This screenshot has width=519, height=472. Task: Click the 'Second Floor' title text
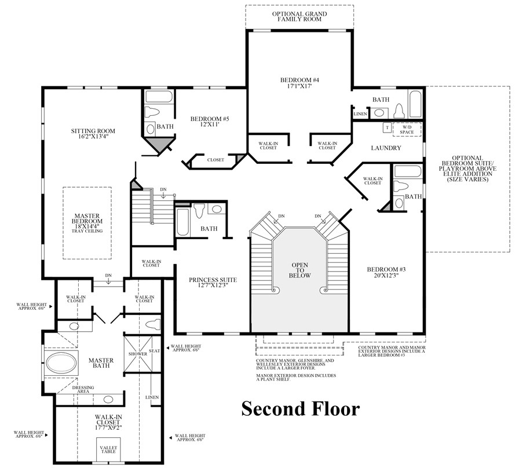(x=300, y=409)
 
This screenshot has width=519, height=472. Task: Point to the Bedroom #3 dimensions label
(x=385, y=276)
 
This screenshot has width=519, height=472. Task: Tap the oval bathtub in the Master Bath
(x=61, y=364)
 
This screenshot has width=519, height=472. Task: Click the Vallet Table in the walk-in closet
(x=109, y=451)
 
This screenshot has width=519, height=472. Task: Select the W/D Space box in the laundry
(x=407, y=129)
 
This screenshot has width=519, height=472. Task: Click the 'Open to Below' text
(x=299, y=269)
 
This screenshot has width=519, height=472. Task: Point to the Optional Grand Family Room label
(x=299, y=16)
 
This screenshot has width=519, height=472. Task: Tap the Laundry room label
(x=386, y=148)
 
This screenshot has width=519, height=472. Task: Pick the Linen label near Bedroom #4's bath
(x=360, y=114)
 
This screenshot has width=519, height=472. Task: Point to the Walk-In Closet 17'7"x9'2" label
(x=109, y=422)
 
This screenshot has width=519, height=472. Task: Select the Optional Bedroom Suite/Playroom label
(x=468, y=168)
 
